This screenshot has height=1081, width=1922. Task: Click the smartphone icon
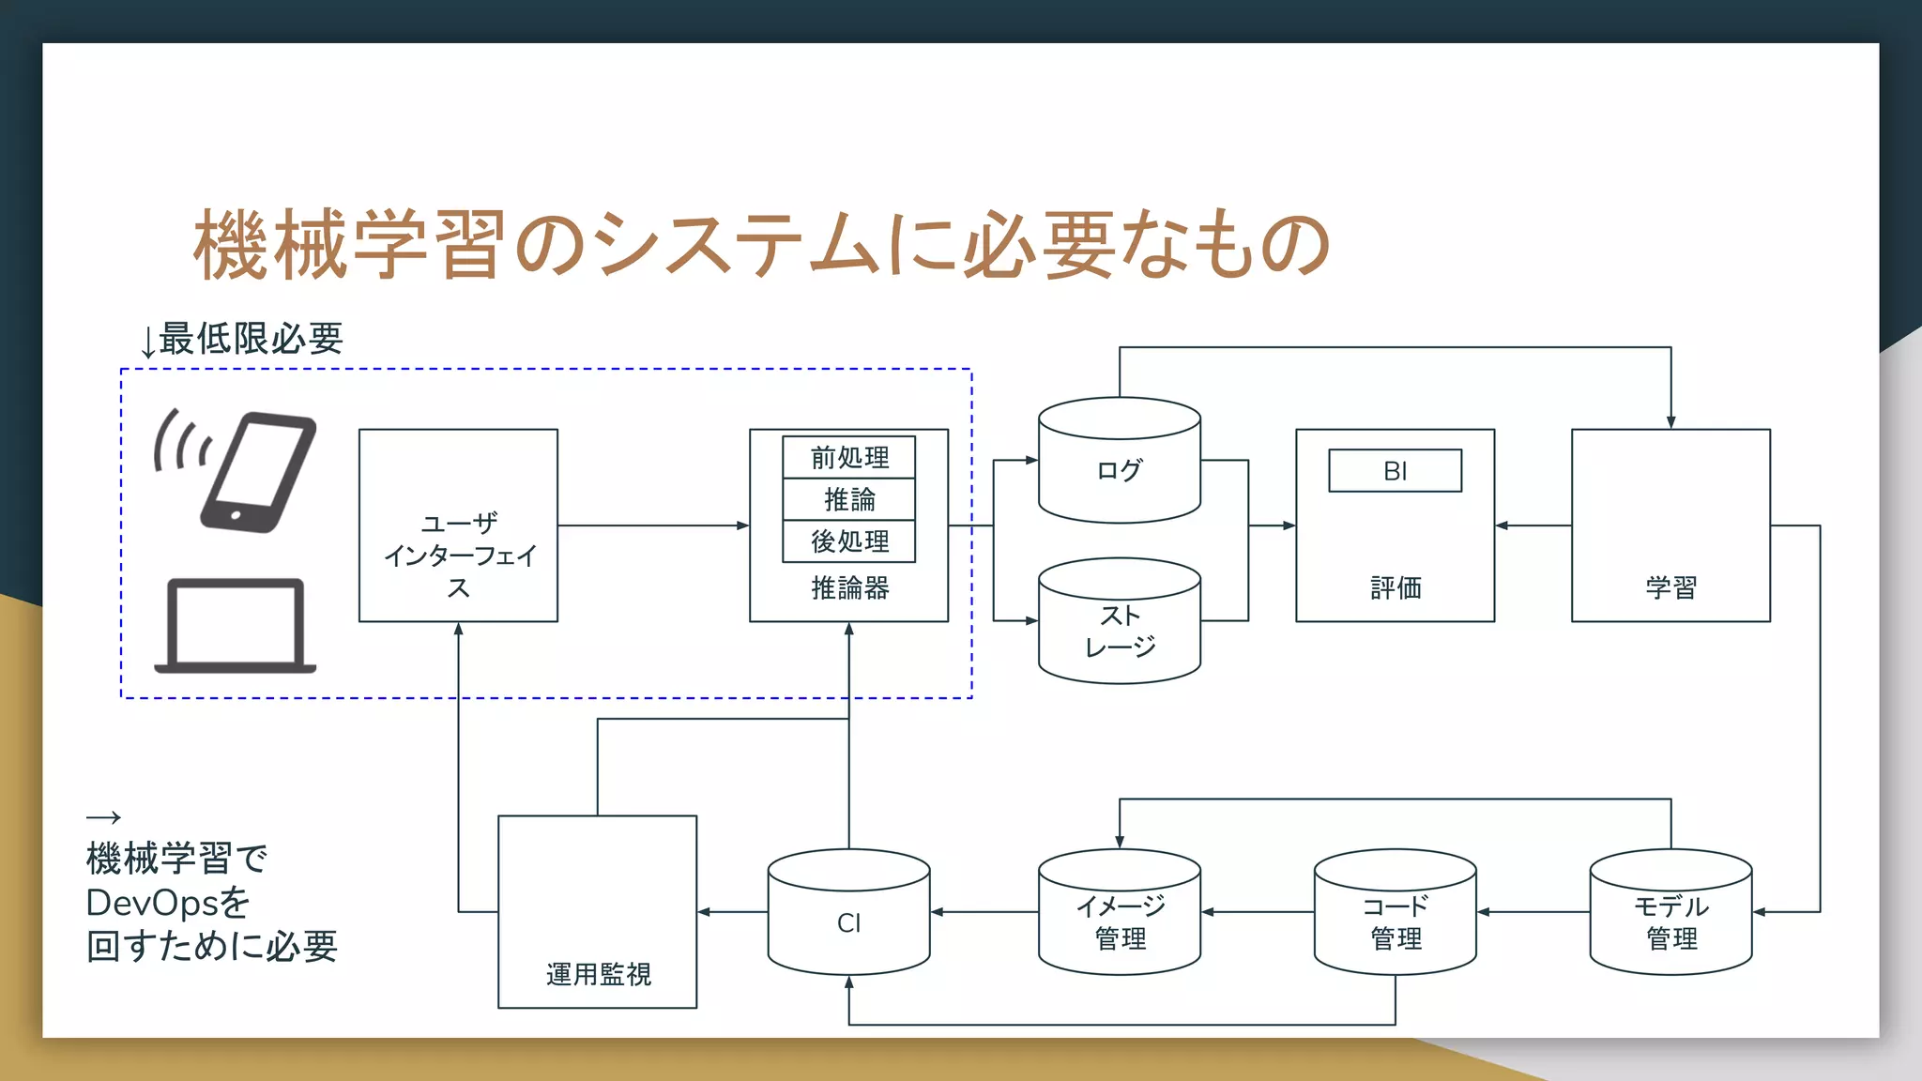(x=255, y=472)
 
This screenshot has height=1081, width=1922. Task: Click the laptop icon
(x=235, y=625)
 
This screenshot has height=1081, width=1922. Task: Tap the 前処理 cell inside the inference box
(x=848, y=457)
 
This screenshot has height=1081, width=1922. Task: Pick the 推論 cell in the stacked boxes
(x=848, y=499)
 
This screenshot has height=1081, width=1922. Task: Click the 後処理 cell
(x=848, y=541)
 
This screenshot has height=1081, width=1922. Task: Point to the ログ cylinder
(x=1119, y=469)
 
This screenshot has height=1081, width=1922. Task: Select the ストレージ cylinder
(x=1119, y=631)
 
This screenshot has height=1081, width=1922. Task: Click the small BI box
(x=1395, y=470)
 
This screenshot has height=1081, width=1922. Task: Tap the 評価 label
(x=1395, y=588)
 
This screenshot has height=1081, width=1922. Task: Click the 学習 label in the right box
(x=1670, y=588)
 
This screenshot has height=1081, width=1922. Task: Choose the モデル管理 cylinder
(x=1670, y=921)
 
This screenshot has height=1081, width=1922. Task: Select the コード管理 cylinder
(x=1395, y=921)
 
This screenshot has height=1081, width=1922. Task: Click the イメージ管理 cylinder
(x=1119, y=921)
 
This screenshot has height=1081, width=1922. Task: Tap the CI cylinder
(x=848, y=921)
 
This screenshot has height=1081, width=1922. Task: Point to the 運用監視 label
(x=598, y=974)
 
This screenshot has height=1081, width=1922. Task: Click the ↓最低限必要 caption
(x=241, y=339)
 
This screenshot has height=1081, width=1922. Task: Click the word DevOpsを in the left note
(x=168, y=903)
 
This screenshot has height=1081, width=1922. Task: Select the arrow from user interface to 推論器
(x=653, y=525)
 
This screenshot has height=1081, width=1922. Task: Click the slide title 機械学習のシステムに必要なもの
(x=761, y=246)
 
